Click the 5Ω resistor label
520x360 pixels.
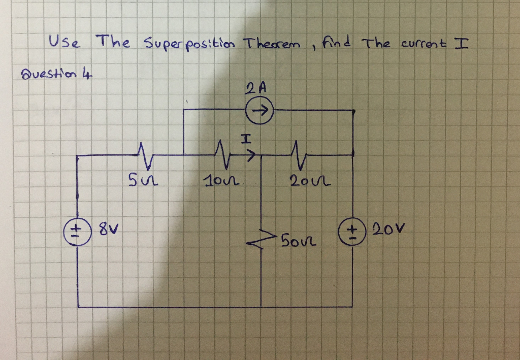click(x=139, y=179)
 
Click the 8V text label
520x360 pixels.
click(x=103, y=234)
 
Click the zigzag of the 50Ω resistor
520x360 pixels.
click(x=261, y=239)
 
